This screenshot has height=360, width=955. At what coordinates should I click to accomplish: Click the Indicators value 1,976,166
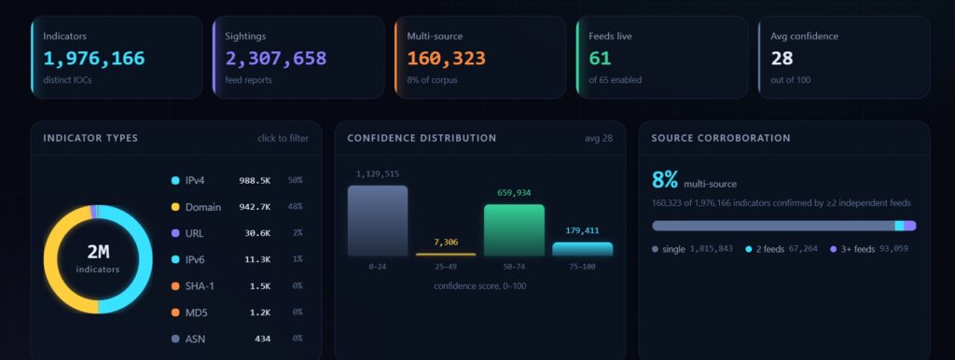coord(94,59)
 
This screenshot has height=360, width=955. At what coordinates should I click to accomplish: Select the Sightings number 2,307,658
coord(276,59)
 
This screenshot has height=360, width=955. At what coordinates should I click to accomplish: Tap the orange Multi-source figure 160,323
coord(447,59)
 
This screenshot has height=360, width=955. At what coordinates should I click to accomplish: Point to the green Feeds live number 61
coord(600,59)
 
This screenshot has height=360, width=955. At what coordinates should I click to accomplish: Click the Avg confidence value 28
coord(782,59)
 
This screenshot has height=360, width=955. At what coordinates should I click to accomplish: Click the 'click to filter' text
coord(283,138)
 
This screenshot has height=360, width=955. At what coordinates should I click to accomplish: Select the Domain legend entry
coord(203,207)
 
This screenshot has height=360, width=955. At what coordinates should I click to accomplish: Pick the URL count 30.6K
coord(255,233)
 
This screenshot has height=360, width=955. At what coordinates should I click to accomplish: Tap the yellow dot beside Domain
coord(175,207)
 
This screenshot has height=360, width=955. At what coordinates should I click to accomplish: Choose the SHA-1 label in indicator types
coord(199,286)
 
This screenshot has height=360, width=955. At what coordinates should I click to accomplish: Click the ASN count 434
coord(262,339)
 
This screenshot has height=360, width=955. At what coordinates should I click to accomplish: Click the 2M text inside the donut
coord(98,252)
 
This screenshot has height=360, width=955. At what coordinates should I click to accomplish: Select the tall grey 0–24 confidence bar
coord(378,220)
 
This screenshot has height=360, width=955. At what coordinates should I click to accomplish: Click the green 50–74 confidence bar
coord(514,230)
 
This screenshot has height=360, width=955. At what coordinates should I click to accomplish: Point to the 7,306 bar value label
coord(446,242)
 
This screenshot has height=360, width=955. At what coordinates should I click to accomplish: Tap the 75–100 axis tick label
coord(582,267)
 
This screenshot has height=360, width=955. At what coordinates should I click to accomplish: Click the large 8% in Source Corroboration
coord(664,180)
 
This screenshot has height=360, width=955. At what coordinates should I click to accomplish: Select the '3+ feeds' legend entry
coord(858,249)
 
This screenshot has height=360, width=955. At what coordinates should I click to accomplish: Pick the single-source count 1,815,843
coord(711,249)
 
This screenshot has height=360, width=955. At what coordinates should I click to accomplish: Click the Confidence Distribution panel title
coord(422,138)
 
